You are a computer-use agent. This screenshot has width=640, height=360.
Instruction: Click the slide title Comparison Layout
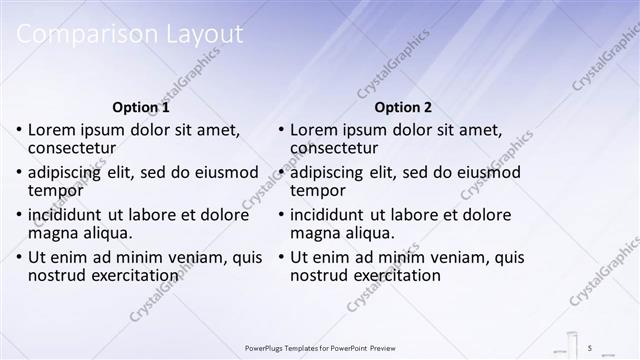[129, 34]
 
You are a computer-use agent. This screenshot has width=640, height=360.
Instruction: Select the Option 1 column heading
[141, 107]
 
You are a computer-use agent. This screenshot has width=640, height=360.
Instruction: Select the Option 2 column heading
[404, 107]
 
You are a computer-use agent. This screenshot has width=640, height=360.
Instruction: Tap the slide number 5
[590, 347]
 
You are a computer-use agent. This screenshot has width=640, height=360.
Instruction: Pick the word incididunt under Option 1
[69, 215]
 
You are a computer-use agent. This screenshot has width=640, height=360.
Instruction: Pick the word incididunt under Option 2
[332, 215]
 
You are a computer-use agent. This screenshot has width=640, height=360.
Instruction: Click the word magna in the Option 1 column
[54, 233]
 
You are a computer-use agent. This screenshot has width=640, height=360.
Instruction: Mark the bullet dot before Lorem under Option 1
[19, 130]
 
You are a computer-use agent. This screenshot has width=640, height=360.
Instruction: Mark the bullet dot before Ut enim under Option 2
[282, 258]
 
